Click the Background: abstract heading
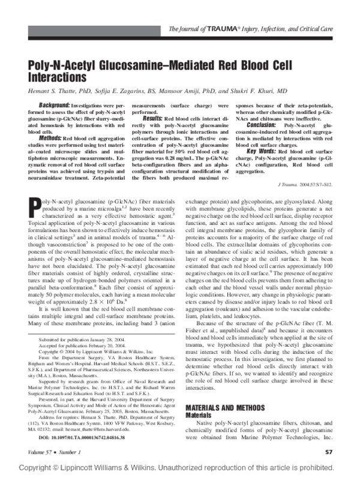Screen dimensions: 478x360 [x=50, y=106]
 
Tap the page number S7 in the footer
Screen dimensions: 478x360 [x=328, y=452]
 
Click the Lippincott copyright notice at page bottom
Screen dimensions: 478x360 [x=179, y=468]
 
